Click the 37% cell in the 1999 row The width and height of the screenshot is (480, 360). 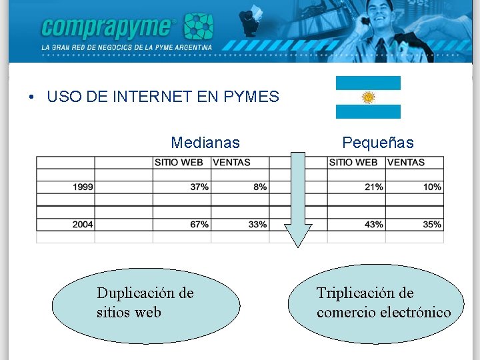199,187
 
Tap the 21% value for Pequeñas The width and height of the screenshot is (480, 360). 373,187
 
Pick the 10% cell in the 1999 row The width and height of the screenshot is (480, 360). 432,187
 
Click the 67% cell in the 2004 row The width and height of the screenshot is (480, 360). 199,225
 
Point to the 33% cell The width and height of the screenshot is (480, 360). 257,225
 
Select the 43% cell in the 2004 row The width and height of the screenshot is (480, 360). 373,225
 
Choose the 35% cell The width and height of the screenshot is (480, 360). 432,225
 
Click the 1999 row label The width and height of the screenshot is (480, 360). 83,187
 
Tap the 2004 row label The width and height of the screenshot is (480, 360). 83,225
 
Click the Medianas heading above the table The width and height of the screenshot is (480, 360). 205,143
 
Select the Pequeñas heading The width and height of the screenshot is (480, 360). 377,143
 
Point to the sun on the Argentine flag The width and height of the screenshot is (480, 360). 368,97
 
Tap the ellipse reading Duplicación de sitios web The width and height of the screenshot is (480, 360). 145,304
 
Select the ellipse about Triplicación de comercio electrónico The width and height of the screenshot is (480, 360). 375,304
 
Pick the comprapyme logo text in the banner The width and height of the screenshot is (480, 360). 107,27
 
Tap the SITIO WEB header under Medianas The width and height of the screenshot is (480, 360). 179,162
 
